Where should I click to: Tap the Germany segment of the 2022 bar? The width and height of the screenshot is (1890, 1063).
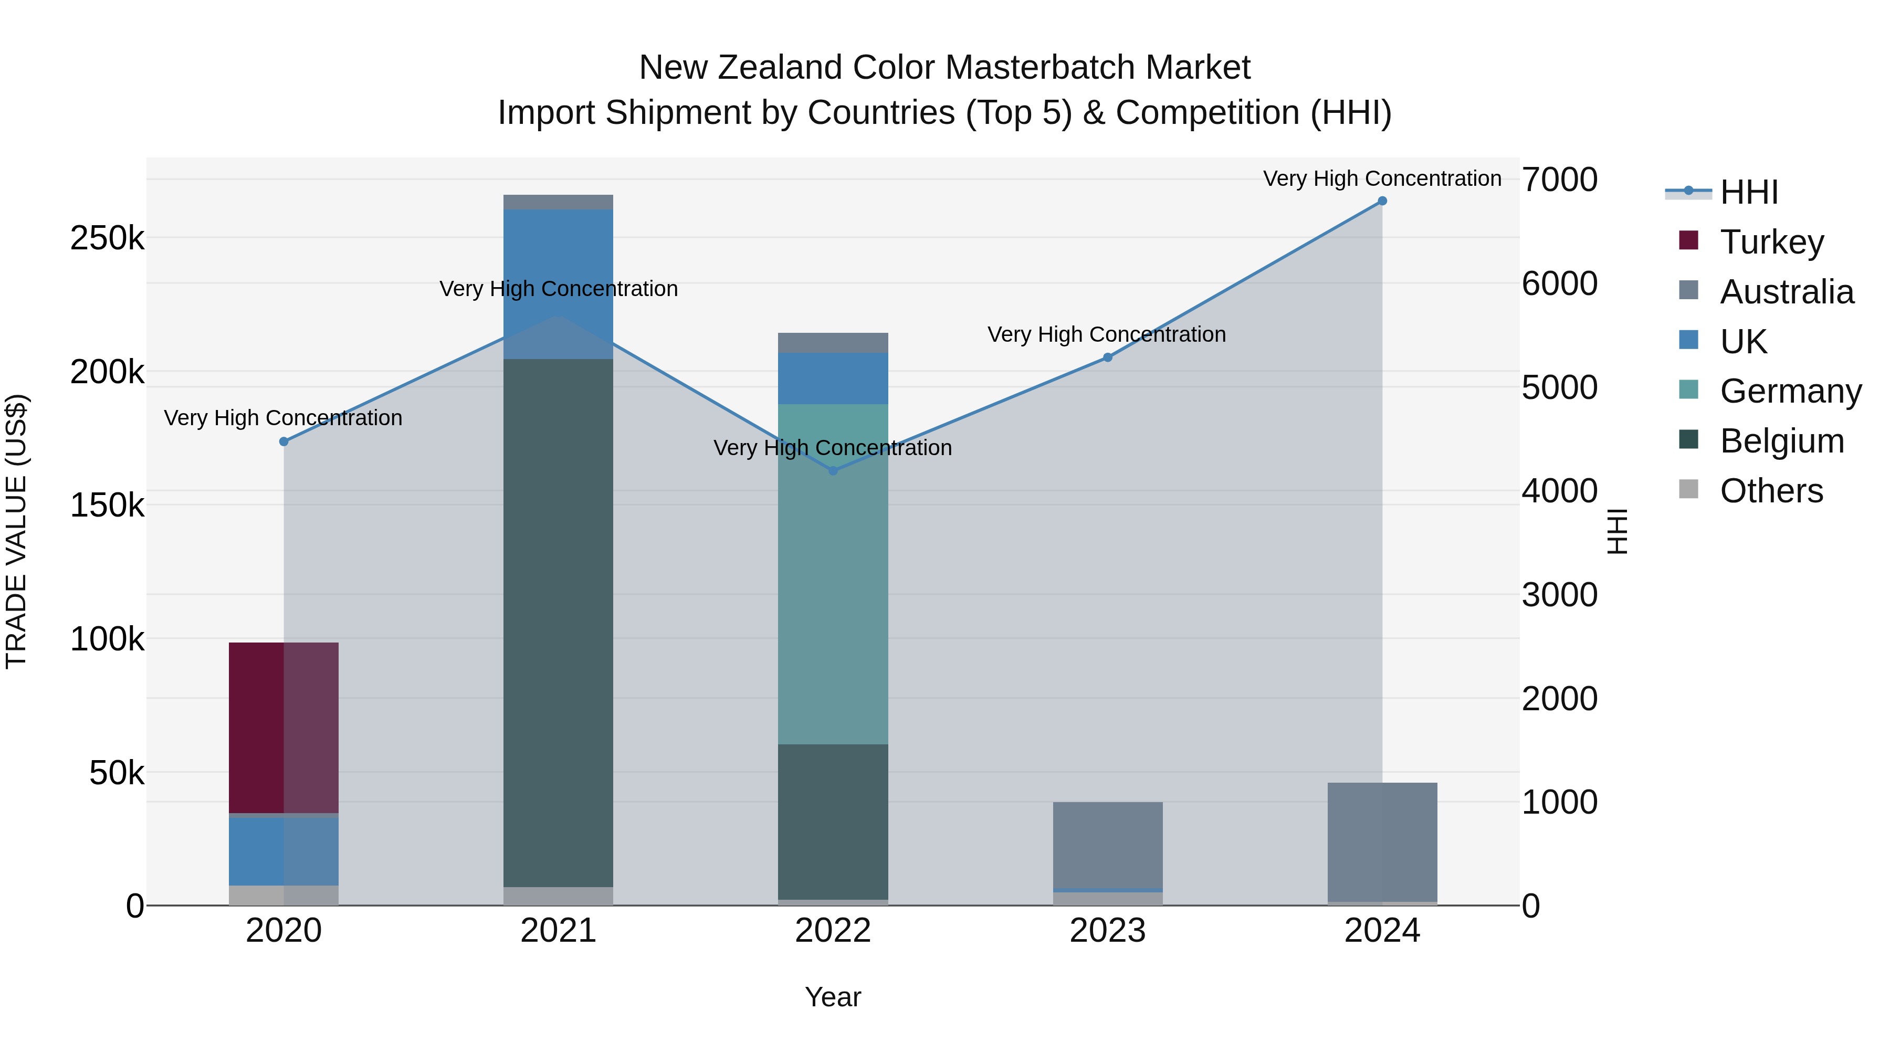coord(832,574)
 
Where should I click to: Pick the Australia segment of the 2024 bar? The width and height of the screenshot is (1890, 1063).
coord(1382,841)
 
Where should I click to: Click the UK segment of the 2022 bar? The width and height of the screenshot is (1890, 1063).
coord(832,378)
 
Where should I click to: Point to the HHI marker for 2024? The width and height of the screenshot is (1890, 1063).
coord(1382,201)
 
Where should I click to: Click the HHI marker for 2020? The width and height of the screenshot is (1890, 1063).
coord(284,441)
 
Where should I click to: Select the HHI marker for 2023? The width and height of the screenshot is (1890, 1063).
coord(1107,357)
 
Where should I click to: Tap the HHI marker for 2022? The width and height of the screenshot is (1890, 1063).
coord(833,471)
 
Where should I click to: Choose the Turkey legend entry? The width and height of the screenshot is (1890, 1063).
coord(1771,242)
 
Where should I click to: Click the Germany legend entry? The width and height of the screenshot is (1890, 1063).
coord(1790,391)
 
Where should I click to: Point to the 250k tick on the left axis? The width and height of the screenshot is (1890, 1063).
coord(107,238)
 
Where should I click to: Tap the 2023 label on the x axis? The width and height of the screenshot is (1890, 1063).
coord(1107,931)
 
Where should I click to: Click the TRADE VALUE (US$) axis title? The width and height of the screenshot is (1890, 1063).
coord(17,531)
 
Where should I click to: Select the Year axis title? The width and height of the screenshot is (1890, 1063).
coord(833,997)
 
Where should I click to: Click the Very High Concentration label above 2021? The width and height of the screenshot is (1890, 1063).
coord(559,289)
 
